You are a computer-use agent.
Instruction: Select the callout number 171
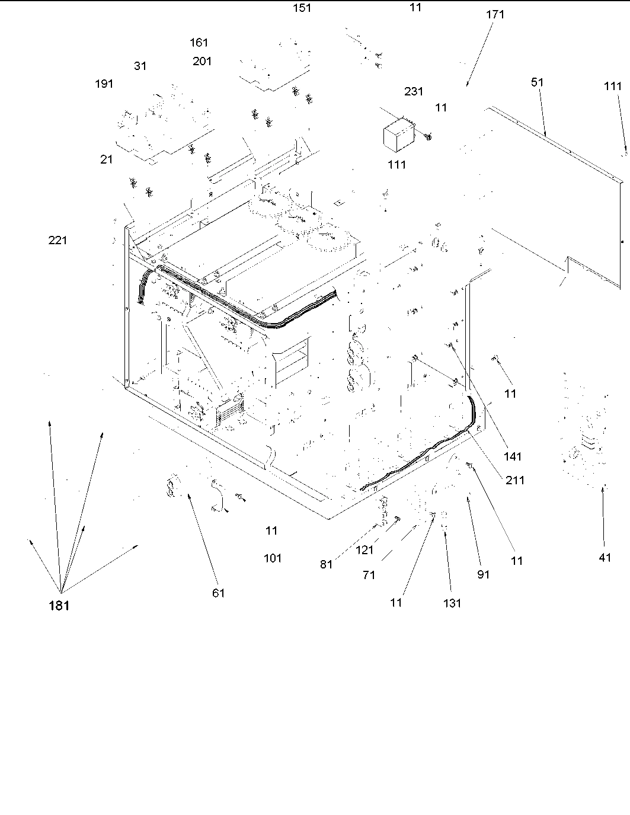(x=495, y=14)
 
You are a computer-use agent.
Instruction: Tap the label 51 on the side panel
(x=537, y=82)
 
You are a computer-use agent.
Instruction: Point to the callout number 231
(x=414, y=91)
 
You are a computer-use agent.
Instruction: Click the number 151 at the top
(x=302, y=8)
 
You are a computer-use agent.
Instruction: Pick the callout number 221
(x=57, y=240)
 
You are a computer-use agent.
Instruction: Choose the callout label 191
(x=104, y=84)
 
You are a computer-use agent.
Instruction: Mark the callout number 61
(x=219, y=593)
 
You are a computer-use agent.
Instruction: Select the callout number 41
(x=605, y=557)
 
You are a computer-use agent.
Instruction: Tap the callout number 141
(x=513, y=456)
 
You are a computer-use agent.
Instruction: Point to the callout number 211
(x=515, y=480)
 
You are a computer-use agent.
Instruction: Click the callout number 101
(x=273, y=558)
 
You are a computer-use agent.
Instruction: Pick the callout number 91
(x=484, y=574)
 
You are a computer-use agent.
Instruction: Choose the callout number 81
(x=327, y=564)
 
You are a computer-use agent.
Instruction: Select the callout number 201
(x=202, y=61)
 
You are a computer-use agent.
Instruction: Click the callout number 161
(x=199, y=43)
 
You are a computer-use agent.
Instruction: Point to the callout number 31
(x=140, y=66)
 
